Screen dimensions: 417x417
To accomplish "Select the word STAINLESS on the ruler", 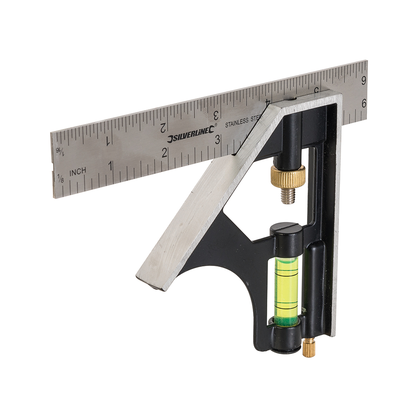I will point(237,122).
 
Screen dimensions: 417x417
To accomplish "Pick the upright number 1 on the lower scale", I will point(111,166).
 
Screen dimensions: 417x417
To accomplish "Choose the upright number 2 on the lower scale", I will point(165,152).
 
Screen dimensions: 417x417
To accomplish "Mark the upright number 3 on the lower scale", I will point(217,140).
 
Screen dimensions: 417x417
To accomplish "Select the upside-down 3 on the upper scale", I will point(216,114).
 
